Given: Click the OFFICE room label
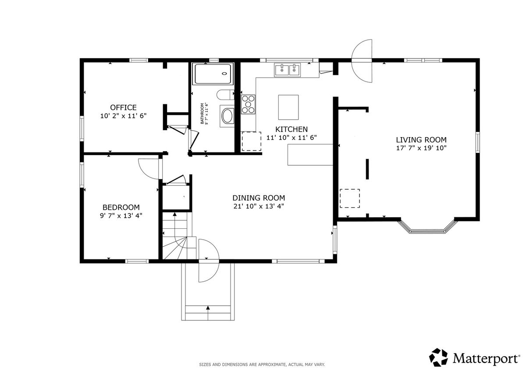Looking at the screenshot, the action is pos(123,107).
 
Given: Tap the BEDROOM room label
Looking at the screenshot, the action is pos(121,207).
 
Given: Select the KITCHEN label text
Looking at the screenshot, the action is pos(291,129).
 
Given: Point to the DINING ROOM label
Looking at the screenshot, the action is pos(259,198).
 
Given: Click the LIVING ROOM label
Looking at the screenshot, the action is pos(421,140).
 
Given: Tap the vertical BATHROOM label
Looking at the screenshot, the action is pos(202,113).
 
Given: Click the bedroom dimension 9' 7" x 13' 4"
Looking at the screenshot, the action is pos(121,216).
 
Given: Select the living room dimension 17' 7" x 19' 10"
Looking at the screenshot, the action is pos(421,148).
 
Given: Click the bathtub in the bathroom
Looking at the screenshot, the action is pos(213,74).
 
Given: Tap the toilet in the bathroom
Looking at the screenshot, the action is pos(225,95).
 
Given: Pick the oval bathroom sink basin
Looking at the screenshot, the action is pos(227,116).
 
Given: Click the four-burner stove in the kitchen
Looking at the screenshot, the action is pos(248,104).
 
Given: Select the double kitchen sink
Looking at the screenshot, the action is pos(288,70).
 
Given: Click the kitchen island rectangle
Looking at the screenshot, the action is pos(288,107).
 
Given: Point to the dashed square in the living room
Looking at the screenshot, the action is pos(350,198).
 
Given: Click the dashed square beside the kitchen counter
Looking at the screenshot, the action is pos(252,141).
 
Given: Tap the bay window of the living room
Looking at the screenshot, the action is pos(428,226).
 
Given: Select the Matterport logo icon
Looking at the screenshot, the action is pos(438,357).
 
